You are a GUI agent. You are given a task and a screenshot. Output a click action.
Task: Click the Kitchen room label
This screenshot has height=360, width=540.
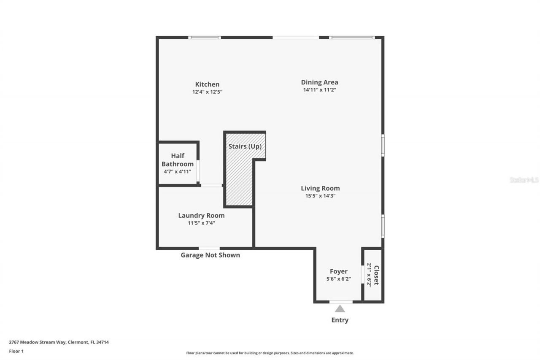(x=207, y=84)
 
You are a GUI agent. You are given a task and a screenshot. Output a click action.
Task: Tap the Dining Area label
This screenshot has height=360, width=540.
(x=319, y=82)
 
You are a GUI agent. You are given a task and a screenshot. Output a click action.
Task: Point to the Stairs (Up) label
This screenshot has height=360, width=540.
(x=245, y=146)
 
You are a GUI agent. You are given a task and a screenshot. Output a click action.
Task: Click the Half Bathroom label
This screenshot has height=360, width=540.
(x=178, y=160)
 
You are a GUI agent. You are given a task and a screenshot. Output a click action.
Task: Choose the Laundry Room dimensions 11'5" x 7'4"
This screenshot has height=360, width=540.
(x=201, y=223)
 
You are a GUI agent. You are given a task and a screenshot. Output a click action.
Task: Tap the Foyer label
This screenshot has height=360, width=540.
(x=338, y=271)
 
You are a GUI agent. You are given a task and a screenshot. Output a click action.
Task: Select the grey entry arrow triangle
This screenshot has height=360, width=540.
(x=340, y=309)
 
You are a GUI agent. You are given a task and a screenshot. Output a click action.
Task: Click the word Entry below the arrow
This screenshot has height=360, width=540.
(x=340, y=320)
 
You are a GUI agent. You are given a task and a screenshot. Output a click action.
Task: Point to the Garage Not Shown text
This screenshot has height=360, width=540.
(x=210, y=255)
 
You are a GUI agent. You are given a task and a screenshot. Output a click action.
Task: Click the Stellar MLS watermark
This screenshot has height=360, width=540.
(x=524, y=180)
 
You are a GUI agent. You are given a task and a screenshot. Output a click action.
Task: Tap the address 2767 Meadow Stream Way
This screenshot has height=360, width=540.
(x=59, y=342)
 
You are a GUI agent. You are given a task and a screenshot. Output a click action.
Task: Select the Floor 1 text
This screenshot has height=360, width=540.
(x=16, y=351)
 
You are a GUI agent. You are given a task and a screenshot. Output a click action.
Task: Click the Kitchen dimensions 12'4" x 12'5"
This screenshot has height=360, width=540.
(x=207, y=92)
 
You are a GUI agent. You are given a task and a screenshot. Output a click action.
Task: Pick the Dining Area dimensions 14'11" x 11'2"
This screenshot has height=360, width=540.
(x=319, y=90)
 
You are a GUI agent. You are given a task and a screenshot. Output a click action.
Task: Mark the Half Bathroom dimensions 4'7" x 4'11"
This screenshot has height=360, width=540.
(x=178, y=172)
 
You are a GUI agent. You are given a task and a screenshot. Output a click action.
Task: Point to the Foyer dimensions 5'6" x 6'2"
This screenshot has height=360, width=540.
(x=338, y=279)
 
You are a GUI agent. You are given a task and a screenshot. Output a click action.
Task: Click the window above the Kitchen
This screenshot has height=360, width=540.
(x=204, y=38)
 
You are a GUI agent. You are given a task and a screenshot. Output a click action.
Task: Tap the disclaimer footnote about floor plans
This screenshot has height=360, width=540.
(x=270, y=353)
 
